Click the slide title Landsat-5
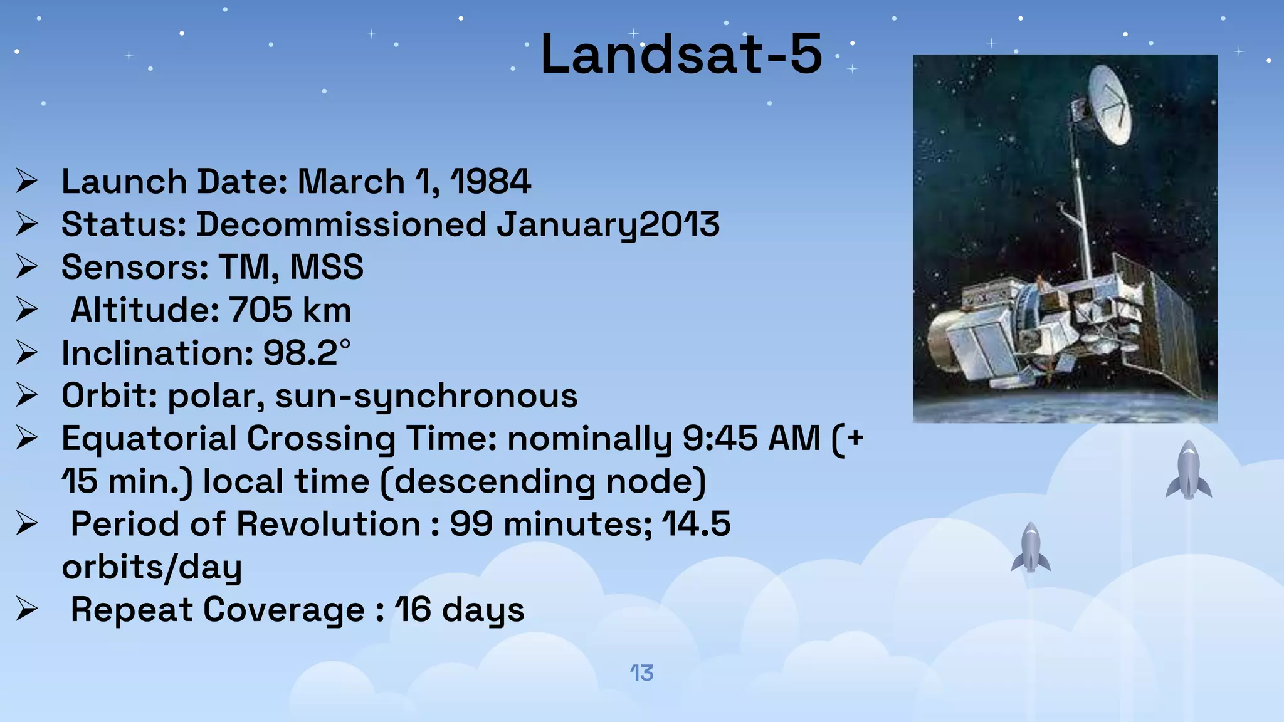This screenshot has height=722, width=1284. [681, 55]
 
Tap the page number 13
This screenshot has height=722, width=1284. [641, 673]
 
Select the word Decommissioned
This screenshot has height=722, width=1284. [342, 224]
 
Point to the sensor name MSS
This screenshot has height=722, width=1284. [327, 267]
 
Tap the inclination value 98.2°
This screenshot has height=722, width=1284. [307, 353]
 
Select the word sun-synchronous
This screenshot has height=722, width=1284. [426, 396]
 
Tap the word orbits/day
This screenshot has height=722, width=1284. [152, 567]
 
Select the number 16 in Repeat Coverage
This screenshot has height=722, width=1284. [413, 610]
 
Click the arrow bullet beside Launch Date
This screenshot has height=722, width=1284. [27, 182]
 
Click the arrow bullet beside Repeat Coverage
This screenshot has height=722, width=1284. [27, 610]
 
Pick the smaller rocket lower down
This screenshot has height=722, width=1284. [1031, 548]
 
